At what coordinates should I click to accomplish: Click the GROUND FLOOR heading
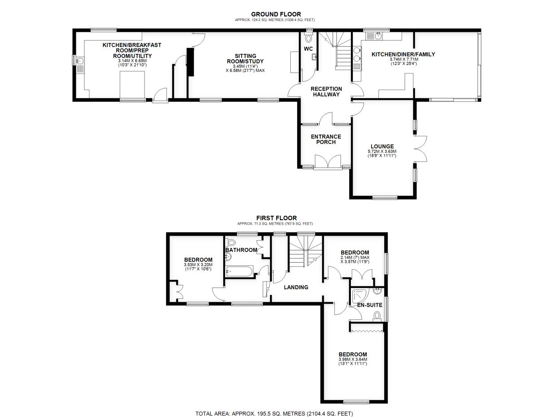(276, 14)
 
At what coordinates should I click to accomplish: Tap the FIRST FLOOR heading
(276, 218)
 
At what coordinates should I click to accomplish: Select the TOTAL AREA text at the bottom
(274, 413)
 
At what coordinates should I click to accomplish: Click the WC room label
(308, 49)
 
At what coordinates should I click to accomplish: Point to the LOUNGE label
(382, 146)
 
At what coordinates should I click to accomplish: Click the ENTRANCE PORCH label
(326, 139)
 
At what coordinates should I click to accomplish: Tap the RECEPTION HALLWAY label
(326, 91)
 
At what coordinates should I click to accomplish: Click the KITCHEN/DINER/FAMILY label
(403, 54)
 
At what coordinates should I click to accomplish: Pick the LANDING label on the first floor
(296, 287)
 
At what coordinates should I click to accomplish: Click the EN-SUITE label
(370, 305)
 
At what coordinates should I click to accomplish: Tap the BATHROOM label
(241, 250)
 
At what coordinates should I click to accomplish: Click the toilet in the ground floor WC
(309, 39)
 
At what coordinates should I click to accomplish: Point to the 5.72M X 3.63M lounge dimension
(382, 152)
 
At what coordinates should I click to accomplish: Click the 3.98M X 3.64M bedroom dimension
(353, 359)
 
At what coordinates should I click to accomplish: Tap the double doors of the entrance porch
(328, 162)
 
